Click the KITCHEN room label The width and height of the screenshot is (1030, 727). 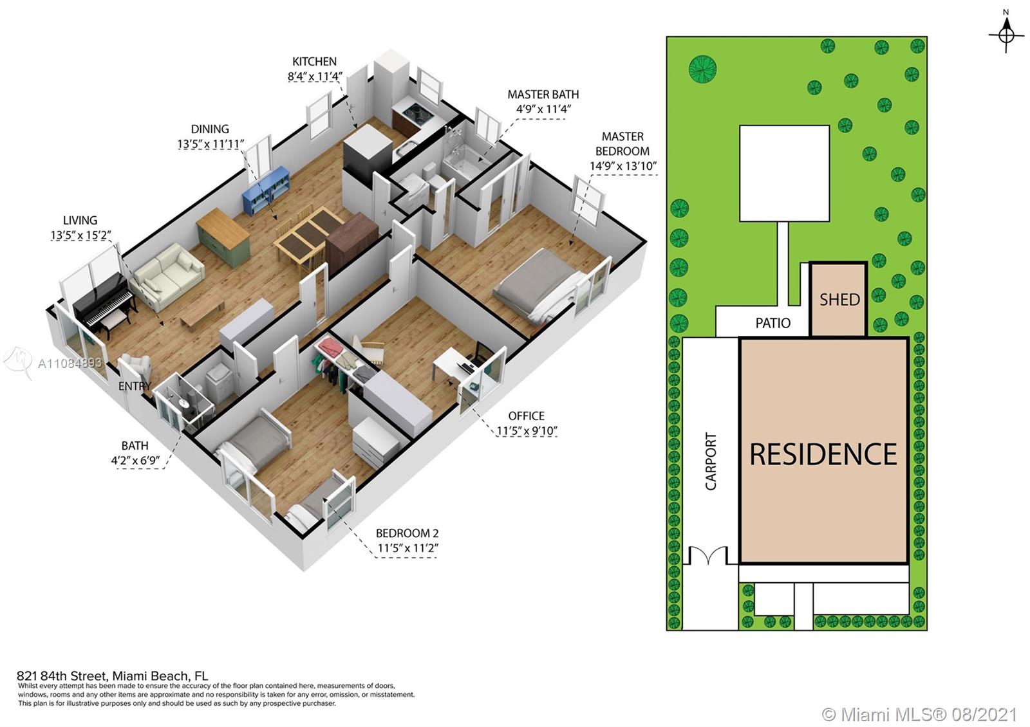[x=315, y=62]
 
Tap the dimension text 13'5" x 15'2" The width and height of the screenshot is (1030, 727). [x=81, y=235]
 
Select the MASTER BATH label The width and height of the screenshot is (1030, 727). [x=543, y=95]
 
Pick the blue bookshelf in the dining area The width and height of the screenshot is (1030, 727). [x=266, y=190]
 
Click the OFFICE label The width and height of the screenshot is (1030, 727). [x=527, y=416]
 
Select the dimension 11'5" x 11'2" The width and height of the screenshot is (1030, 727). [x=408, y=548]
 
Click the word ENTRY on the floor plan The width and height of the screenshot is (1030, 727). [x=135, y=386]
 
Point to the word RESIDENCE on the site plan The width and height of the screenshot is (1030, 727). [x=823, y=454]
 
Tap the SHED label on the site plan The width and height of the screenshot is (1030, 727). [x=839, y=300]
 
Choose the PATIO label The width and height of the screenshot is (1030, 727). [x=773, y=323]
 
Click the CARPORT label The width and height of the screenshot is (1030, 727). [x=711, y=461]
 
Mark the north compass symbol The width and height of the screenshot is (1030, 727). [x=1007, y=35]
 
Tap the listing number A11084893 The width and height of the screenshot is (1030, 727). [x=70, y=363]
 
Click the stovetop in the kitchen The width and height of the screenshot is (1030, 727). [x=416, y=111]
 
